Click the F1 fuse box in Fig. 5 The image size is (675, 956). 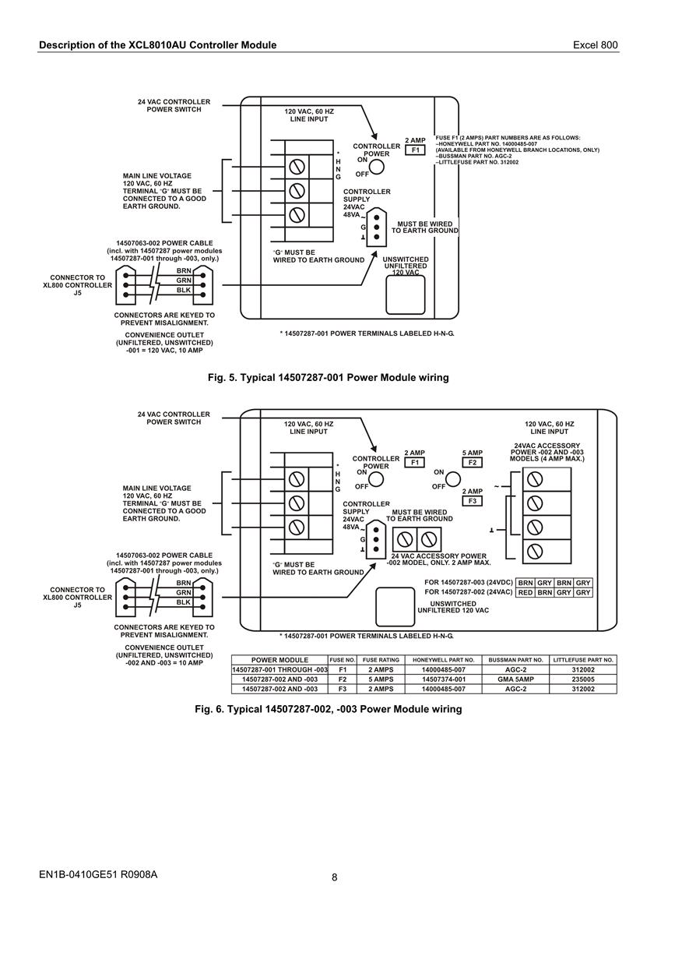415,150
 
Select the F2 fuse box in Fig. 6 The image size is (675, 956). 472,462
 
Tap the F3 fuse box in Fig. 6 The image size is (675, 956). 472,501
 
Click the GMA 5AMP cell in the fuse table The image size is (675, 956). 515,679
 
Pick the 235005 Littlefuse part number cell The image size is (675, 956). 583,679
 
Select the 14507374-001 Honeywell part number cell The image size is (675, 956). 444,679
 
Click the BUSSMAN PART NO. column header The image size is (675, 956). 515,660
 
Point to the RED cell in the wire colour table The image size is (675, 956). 526,592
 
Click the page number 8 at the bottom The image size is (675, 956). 334,877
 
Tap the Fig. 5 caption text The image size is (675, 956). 329,377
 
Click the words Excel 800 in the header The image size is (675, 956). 596,45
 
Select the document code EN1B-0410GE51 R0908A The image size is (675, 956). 98,874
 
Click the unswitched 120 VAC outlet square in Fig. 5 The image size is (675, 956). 406,295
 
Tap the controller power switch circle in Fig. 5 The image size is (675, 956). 377,167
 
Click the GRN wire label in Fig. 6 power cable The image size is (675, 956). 184,592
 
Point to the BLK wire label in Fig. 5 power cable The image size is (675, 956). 184,290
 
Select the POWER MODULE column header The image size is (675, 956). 279,660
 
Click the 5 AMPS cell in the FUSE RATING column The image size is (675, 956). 381,679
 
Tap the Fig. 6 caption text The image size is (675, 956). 329,709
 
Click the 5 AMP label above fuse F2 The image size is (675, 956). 473,453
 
